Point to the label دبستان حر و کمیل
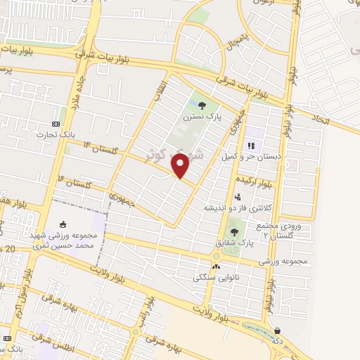[x=250, y=157]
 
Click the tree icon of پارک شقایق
[x=234, y=231]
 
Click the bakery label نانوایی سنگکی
[x=219, y=278]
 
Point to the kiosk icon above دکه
[x=277, y=330]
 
